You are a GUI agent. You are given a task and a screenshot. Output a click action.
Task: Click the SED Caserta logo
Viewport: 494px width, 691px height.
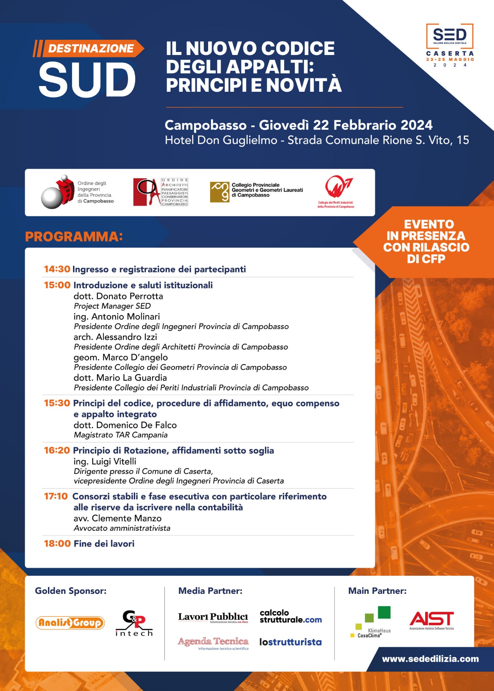coord(450,45)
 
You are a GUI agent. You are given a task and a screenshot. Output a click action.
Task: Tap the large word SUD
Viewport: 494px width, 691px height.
coord(87,80)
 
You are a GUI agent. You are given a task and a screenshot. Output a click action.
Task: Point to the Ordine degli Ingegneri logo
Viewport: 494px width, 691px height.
coord(77,192)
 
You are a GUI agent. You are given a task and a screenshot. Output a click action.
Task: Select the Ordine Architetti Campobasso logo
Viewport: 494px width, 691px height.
coord(160,192)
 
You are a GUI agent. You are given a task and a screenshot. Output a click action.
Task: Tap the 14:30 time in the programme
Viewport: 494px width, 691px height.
coord(57,269)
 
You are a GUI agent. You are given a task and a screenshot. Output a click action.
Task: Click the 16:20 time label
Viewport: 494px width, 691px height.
coord(57,450)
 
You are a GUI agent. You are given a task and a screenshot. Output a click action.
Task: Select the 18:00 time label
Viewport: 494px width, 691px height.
coord(57,544)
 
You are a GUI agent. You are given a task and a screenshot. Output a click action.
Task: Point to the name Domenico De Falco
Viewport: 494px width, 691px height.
coord(137,425)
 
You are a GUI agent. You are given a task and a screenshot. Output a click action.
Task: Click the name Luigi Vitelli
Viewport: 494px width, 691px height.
coord(114,461)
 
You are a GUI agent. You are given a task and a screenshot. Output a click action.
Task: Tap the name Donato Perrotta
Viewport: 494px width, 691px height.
coord(129,296)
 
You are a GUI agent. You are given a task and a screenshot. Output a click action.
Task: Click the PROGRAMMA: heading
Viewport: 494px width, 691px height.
coord(74,237)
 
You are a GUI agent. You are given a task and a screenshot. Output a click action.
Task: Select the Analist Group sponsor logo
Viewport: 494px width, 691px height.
coord(70,623)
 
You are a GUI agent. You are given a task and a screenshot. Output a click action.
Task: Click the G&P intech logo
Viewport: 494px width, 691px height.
coord(134,623)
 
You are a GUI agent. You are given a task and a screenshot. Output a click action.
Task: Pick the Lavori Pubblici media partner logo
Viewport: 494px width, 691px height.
coord(213,617)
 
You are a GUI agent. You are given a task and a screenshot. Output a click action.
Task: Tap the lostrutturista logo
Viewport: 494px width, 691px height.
coord(290,642)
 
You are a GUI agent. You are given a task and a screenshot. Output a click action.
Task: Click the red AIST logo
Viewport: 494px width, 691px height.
coord(431,620)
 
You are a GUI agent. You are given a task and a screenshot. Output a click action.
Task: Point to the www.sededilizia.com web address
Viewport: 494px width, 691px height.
coord(430,659)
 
